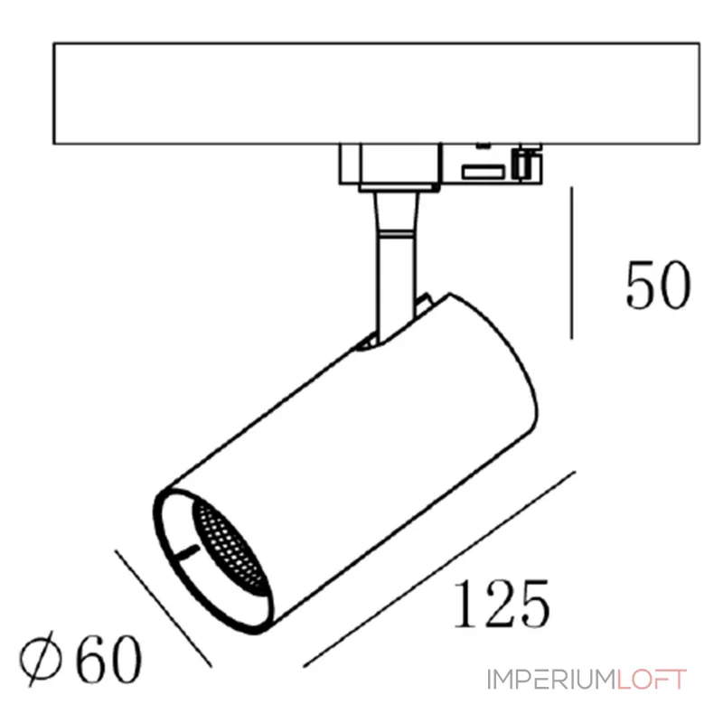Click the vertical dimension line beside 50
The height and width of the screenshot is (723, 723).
(572, 262)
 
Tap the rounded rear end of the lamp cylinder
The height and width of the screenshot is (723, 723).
(515, 380)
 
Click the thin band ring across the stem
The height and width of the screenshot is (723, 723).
(395, 233)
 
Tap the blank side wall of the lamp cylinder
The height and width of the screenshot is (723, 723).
(361, 452)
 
